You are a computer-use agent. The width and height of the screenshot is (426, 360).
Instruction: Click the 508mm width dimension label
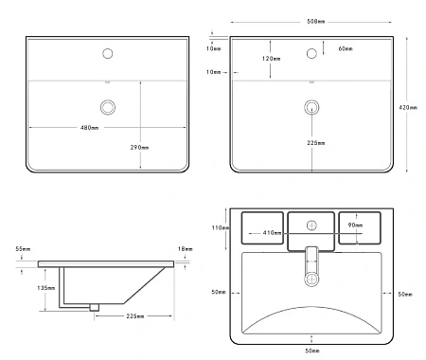pyautogui.click(x=315, y=22)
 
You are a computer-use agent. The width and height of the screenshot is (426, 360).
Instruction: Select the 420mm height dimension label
pyautogui.click(x=408, y=107)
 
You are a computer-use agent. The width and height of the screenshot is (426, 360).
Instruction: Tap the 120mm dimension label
pyautogui.click(x=271, y=59)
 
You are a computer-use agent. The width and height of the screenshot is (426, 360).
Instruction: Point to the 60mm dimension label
pyautogui.click(x=346, y=48)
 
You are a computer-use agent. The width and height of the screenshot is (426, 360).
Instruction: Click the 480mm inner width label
pyautogui.click(x=89, y=128)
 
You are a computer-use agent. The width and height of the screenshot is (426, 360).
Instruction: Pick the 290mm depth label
pyautogui.click(x=139, y=147)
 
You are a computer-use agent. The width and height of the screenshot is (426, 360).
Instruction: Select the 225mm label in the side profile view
pyautogui.click(x=135, y=315)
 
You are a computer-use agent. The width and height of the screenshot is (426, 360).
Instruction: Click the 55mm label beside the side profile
pyautogui.click(x=23, y=249)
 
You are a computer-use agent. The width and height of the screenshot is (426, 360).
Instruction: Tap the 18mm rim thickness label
pyautogui.click(x=185, y=249)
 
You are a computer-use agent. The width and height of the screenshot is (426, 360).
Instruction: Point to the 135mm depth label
pyautogui.click(x=46, y=288)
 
